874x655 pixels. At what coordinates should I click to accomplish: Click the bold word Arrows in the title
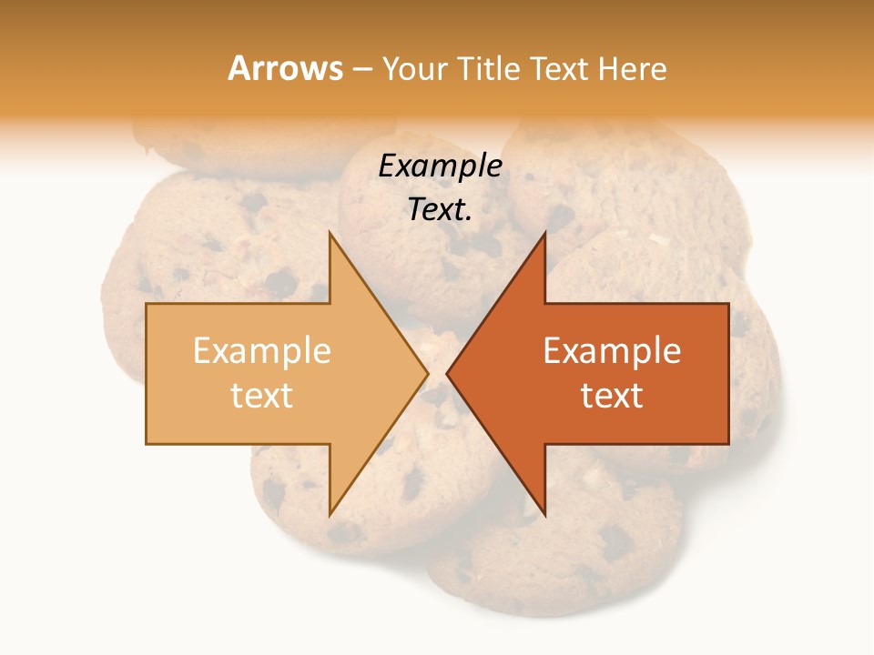click(285, 69)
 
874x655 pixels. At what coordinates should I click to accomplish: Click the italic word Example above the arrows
click(440, 166)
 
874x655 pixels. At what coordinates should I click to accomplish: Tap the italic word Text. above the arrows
click(440, 210)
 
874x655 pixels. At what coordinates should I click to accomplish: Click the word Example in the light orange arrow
click(261, 351)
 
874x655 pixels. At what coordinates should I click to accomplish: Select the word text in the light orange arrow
click(261, 396)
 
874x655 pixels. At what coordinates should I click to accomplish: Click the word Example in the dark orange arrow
click(612, 351)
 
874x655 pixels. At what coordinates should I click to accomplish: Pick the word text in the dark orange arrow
click(612, 396)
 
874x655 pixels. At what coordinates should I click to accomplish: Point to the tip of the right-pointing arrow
click(427, 373)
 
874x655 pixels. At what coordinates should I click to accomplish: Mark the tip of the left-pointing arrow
click(448, 373)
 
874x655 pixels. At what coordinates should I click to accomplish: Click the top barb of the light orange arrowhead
click(330, 235)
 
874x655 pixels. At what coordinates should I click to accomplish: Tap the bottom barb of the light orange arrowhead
click(330, 513)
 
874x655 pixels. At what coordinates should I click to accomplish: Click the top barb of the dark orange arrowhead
click(544, 235)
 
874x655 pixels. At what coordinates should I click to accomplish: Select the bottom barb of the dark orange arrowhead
click(544, 513)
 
